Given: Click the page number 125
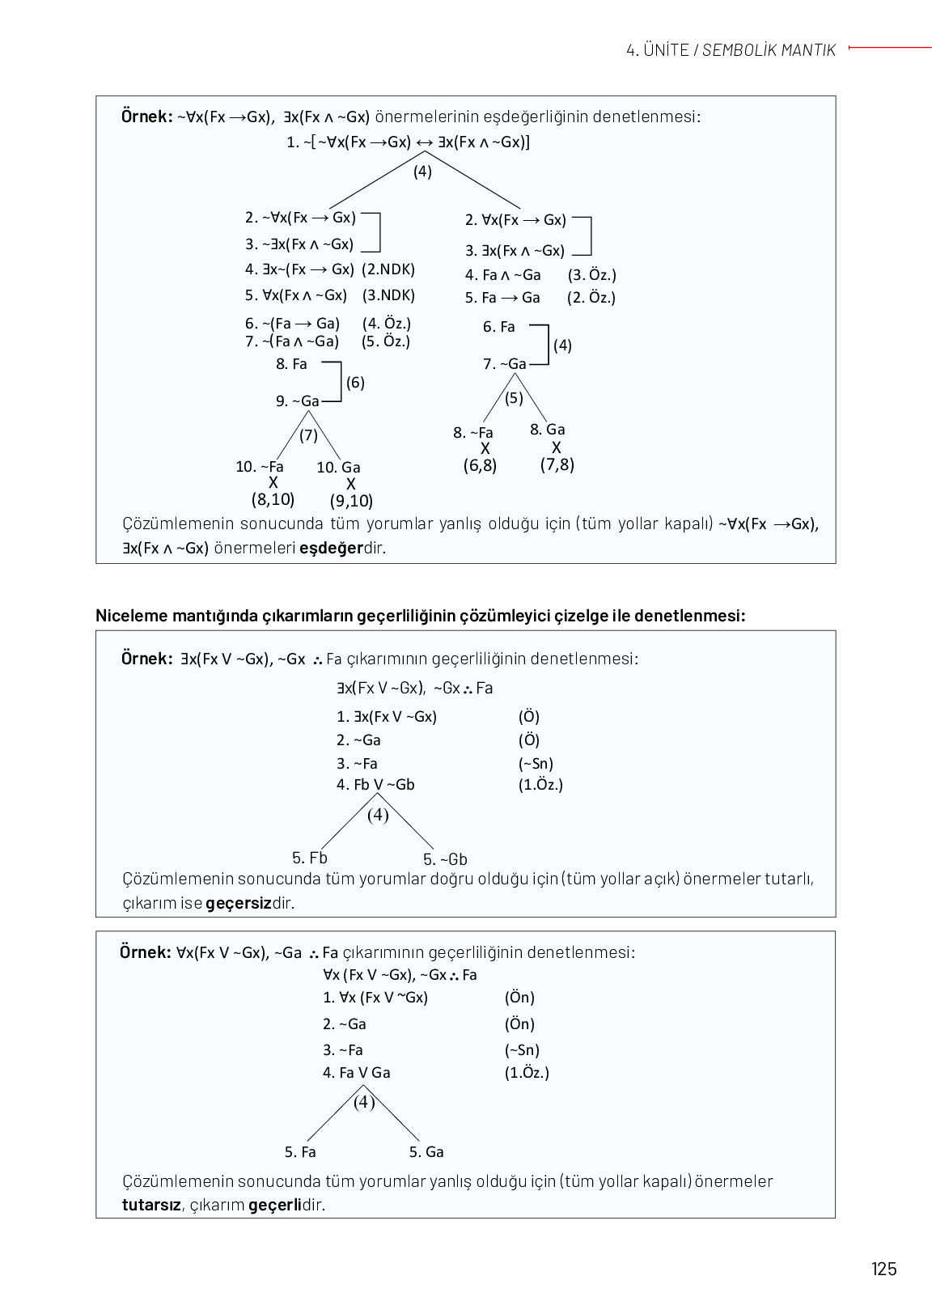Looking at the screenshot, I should pos(883,1268).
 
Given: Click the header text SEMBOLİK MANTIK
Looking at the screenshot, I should pos(769,50).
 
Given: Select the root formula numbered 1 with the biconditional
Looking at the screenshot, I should pos(409,142).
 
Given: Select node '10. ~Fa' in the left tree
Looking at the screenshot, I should pos(260,467).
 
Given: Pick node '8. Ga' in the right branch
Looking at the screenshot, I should pos(548,430).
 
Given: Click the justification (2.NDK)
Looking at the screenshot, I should pos(388,269).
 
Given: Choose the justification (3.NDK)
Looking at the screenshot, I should pos(388,295).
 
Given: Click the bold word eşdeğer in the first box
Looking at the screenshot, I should pos(331,548).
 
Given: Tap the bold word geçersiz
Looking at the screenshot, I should pos(238,903).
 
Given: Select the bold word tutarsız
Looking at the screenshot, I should pos(151,1205).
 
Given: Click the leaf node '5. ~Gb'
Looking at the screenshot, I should pos(445,859).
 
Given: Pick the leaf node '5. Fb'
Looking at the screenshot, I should pos(310,858).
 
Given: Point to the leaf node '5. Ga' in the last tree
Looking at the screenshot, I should pos(426,1152).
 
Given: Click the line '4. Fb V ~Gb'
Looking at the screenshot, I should pos(375,785).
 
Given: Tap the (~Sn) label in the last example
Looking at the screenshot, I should pos(522,1050).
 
